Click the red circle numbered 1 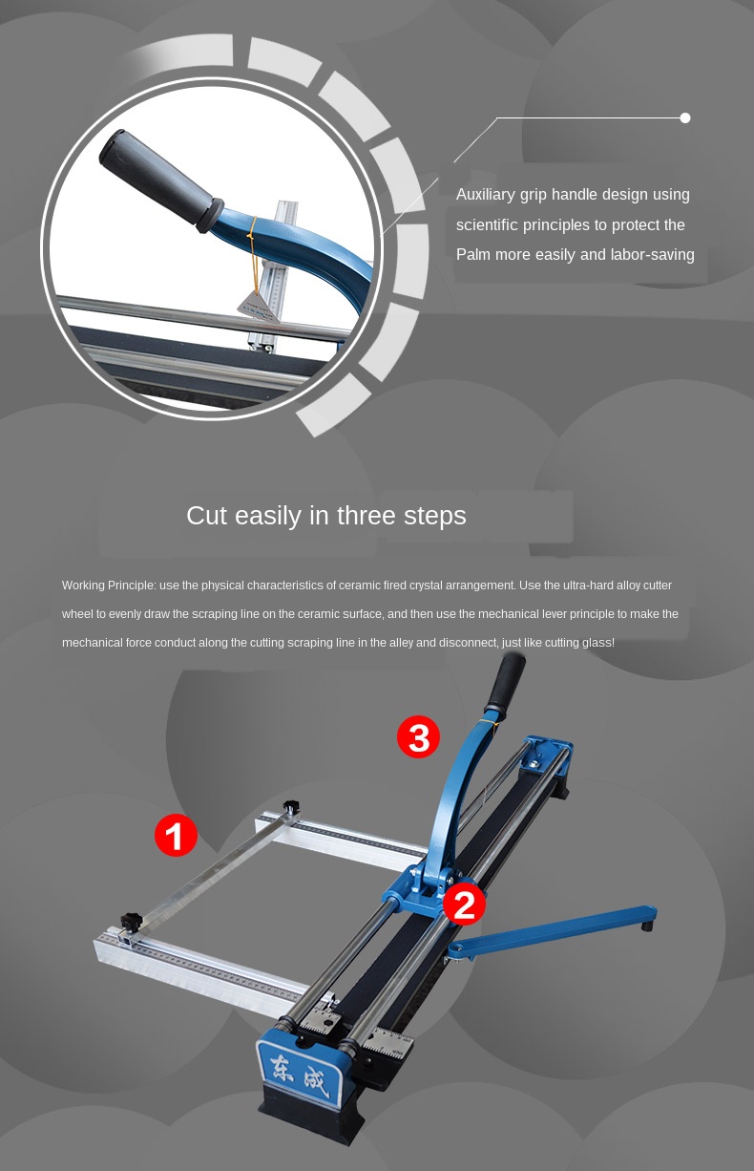click(176, 835)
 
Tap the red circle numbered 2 click(464, 904)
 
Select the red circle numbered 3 click(419, 737)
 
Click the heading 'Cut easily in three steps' click(326, 516)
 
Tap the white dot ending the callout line click(685, 118)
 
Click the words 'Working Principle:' click(109, 585)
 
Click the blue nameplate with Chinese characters click(301, 1069)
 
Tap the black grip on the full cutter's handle click(506, 681)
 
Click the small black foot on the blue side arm click(647, 926)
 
